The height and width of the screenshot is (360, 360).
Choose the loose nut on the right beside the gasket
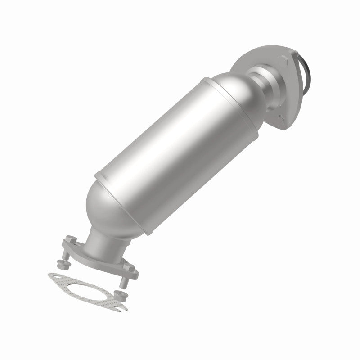tap(119, 295)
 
